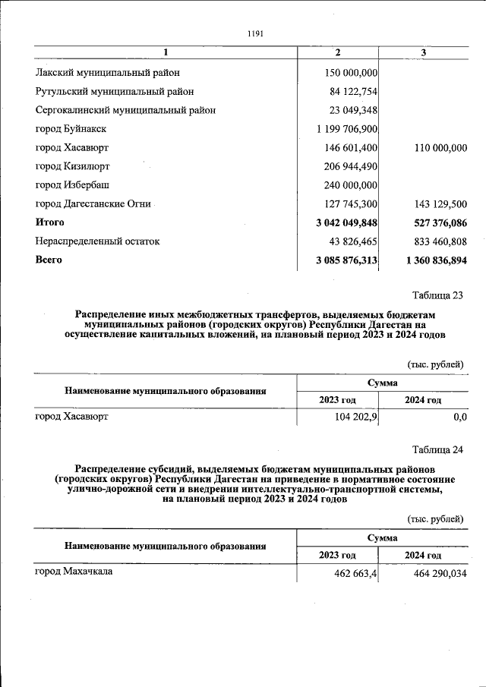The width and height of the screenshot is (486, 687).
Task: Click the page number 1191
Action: [x=255, y=33]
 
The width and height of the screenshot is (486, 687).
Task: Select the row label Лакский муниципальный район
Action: [x=108, y=73]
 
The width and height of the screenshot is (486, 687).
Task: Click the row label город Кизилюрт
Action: [x=73, y=166]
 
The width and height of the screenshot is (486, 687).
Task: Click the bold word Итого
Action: [x=50, y=222]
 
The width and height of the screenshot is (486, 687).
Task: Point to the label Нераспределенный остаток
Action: [x=98, y=241]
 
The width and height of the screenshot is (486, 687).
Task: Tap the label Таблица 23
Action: [x=437, y=295]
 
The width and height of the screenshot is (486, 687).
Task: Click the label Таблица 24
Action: [x=437, y=450]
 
